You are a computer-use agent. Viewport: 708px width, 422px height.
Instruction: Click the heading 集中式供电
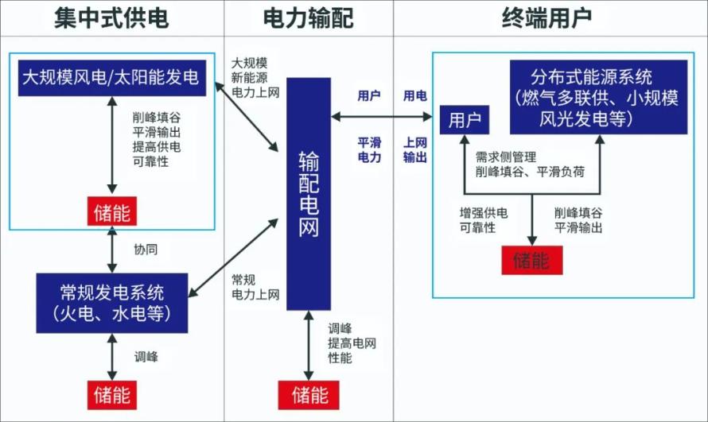point(111,18)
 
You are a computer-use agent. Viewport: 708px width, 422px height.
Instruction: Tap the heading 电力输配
point(309,18)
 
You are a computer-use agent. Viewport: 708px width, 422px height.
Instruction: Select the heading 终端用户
point(547,18)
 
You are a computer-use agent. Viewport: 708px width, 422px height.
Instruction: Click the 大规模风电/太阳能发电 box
point(112,78)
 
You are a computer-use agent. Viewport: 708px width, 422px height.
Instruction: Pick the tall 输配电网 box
point(309,194)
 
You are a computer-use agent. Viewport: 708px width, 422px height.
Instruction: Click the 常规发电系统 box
point(112,303)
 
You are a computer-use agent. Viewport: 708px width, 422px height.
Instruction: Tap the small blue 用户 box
point(465,120)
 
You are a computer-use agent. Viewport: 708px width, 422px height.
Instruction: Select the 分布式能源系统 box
point(599,98)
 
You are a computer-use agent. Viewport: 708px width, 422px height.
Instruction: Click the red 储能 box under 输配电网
point(309,396)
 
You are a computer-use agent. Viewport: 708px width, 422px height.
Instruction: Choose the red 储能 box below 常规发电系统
point(112,396)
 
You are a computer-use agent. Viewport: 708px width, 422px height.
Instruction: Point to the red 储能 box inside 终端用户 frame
point(532,260)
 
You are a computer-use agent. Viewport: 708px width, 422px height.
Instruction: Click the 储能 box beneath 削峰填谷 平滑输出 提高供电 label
point(112,211)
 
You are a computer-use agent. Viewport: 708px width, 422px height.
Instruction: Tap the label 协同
point(146,250)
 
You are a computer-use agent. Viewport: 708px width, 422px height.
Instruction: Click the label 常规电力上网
point(255,287)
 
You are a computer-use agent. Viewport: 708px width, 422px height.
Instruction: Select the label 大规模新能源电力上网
point(255,78)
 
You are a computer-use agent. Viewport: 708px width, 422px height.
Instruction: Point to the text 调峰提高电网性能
point(352,343)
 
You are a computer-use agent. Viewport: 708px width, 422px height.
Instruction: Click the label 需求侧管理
point(506,157)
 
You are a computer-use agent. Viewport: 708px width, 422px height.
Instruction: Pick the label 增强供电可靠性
point(484,220)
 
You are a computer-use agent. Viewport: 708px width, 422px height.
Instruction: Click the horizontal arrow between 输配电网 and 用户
point(382,118)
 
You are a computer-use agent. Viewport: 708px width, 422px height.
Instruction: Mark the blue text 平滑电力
point(369,149)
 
